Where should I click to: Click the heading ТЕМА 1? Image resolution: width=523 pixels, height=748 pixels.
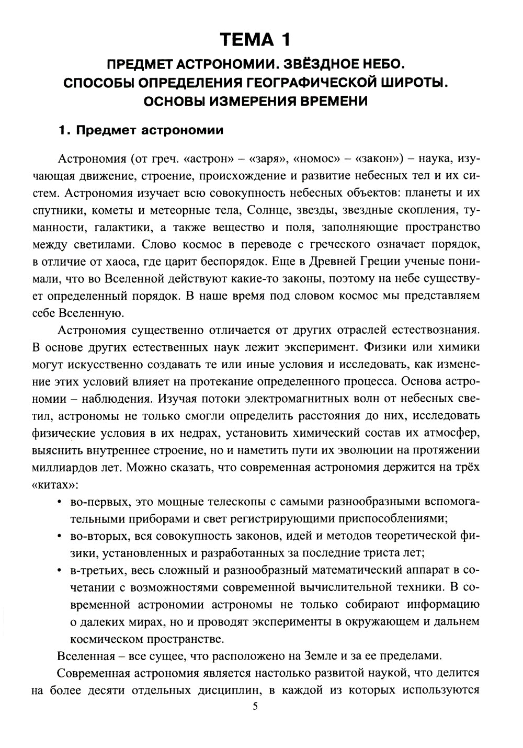coord(254,39)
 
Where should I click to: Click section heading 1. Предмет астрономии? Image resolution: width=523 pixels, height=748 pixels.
coord(140,130)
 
